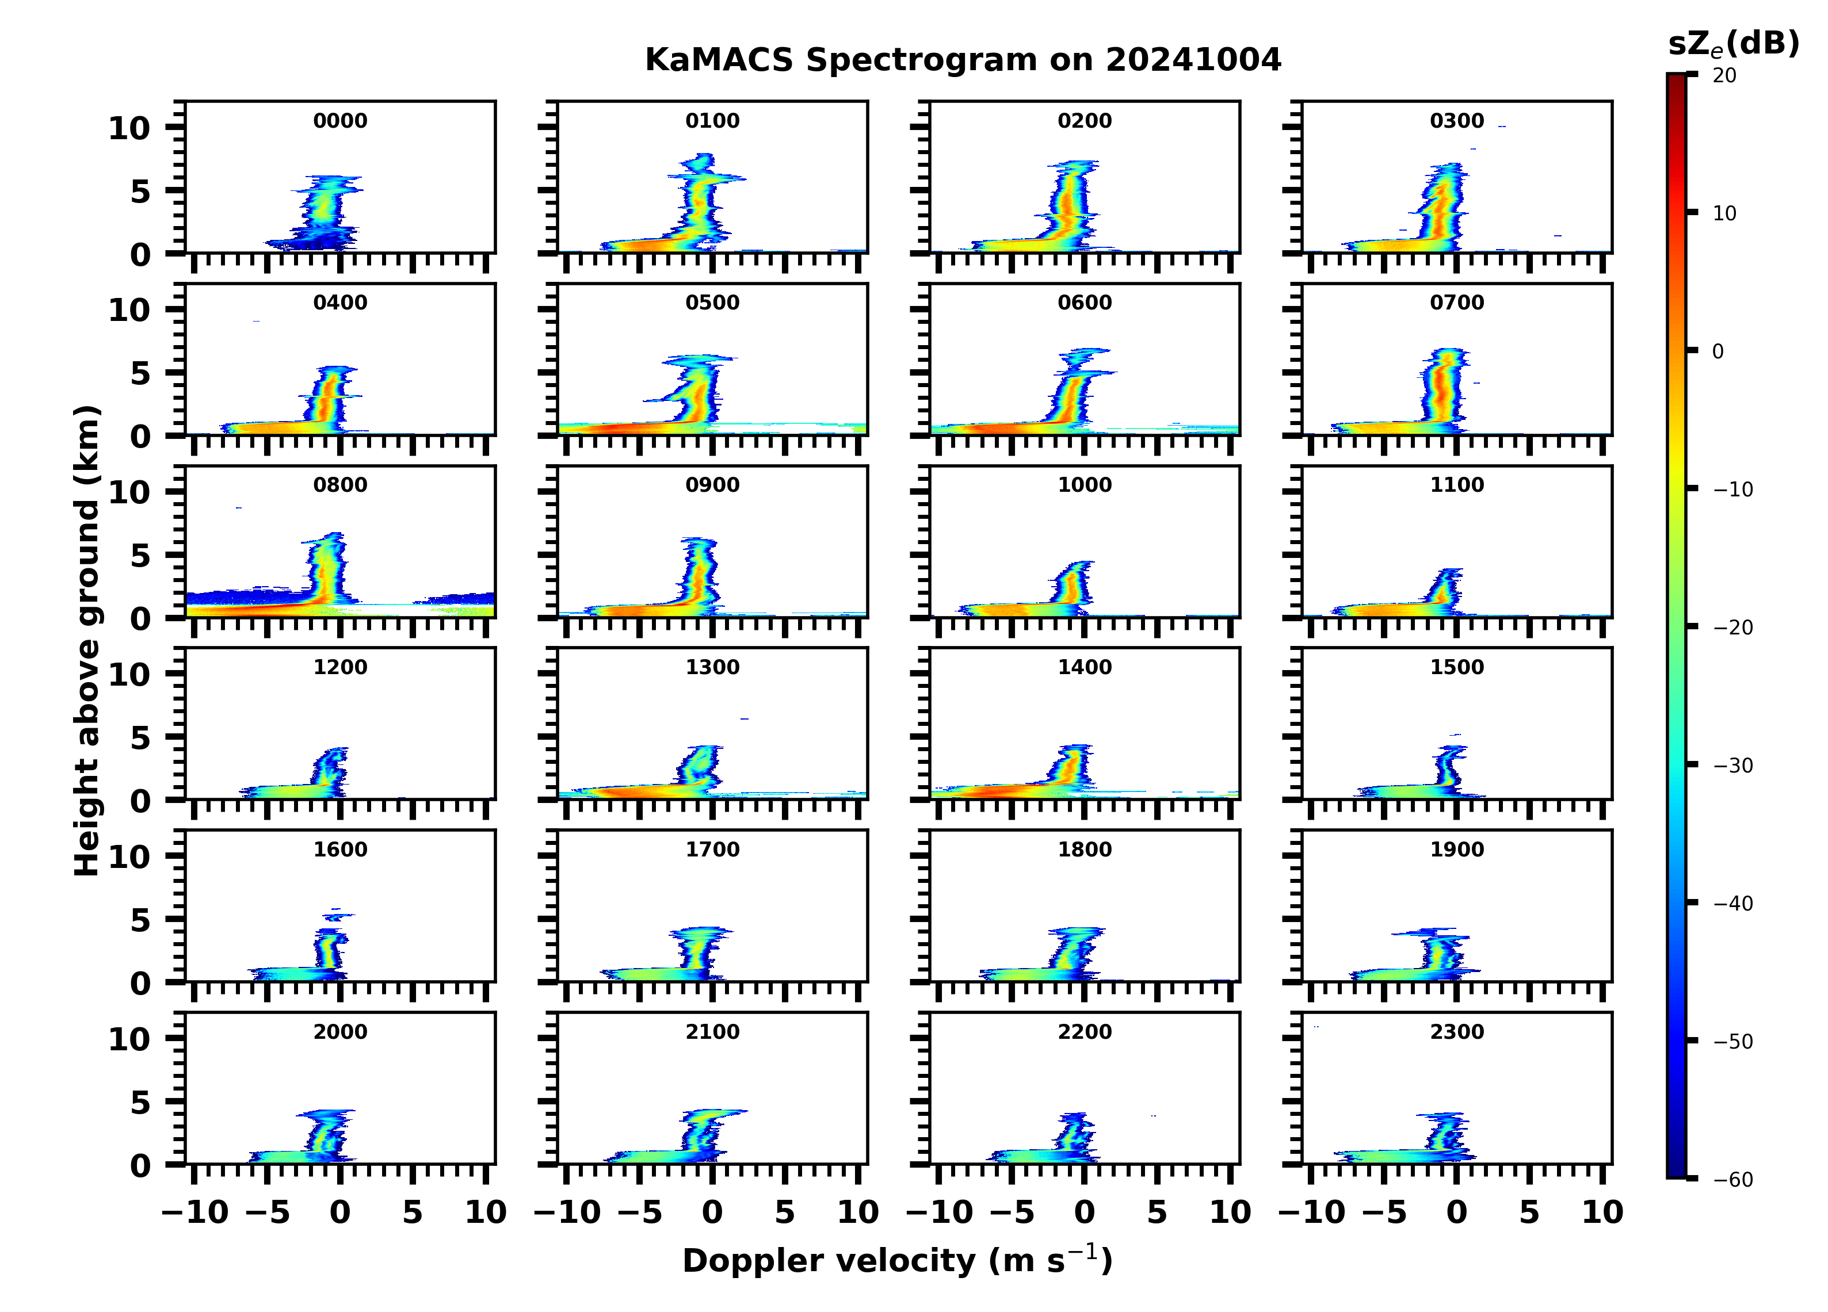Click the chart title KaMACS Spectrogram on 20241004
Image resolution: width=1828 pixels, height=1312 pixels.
coord(963,60)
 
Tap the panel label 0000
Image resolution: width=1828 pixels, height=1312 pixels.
coord(340,121)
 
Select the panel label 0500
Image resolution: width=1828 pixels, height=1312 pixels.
coord(712,303)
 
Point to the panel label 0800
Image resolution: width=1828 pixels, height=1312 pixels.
coord(340,485)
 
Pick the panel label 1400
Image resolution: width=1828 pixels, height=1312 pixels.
coord(1084,667)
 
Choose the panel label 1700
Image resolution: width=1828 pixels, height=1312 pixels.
coord(712,850)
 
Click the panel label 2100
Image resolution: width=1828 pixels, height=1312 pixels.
coord(712,1031)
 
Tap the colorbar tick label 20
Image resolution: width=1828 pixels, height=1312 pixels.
coord(1725,76)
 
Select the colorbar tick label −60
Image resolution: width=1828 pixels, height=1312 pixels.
coord(1733,1180)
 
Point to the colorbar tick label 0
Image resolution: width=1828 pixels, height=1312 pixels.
coord(1718,351)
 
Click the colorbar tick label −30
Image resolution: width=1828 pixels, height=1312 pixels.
coord(1733,766)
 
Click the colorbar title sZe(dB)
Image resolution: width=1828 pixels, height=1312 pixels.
coord(1733,44)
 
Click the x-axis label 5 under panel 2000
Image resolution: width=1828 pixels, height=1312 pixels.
coord(413,1212)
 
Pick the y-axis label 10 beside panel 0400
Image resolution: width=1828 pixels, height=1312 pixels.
coord(129,310)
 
